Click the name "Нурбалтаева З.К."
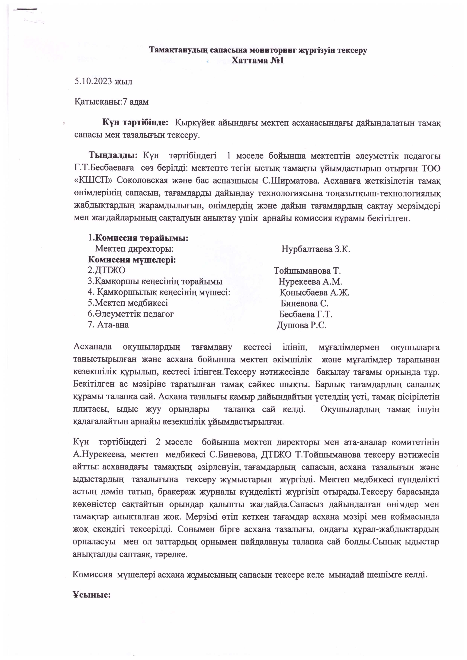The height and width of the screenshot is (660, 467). point(315,249)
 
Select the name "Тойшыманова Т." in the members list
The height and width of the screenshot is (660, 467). point(307,271)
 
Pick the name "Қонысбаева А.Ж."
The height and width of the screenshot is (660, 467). point(315,293)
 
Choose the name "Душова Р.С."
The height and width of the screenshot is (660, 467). point(301,325)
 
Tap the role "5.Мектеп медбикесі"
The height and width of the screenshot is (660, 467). point(128,303)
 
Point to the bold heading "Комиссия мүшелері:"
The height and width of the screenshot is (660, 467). point(132,260)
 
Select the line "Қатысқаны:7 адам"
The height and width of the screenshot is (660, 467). point(112,102)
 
